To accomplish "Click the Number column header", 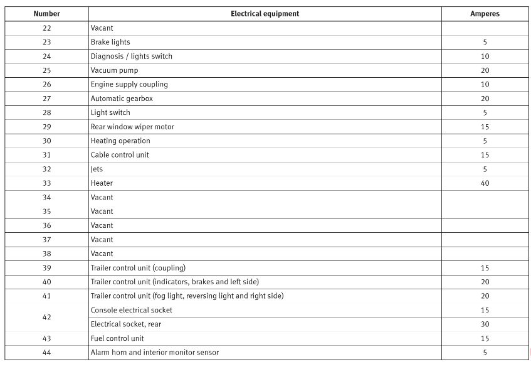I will coord(46,14).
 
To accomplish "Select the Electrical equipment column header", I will coord(265,14).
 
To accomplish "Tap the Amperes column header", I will coord(485,14).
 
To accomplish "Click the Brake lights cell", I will coord(110,42).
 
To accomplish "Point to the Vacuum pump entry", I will coord(114,70).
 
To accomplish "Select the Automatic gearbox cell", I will coord(122,99).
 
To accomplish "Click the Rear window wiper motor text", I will coord(132,127).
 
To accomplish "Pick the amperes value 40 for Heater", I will coord(485,183).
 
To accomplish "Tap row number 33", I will coord(46,183).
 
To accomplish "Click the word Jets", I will coord(97,169).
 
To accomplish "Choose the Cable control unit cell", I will coord(120,155).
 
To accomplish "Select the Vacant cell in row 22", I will coord(102,28).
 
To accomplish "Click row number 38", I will coord(46,254).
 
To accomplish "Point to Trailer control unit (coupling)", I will coord(138,268).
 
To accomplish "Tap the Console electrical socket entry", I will coord(131,310).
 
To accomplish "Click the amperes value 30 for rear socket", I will coord(485,324).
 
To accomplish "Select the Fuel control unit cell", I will coord(117,338).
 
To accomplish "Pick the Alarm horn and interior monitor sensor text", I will coord(155,353).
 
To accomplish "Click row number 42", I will coord(46,318).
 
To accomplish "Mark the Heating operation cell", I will coord(120,141).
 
